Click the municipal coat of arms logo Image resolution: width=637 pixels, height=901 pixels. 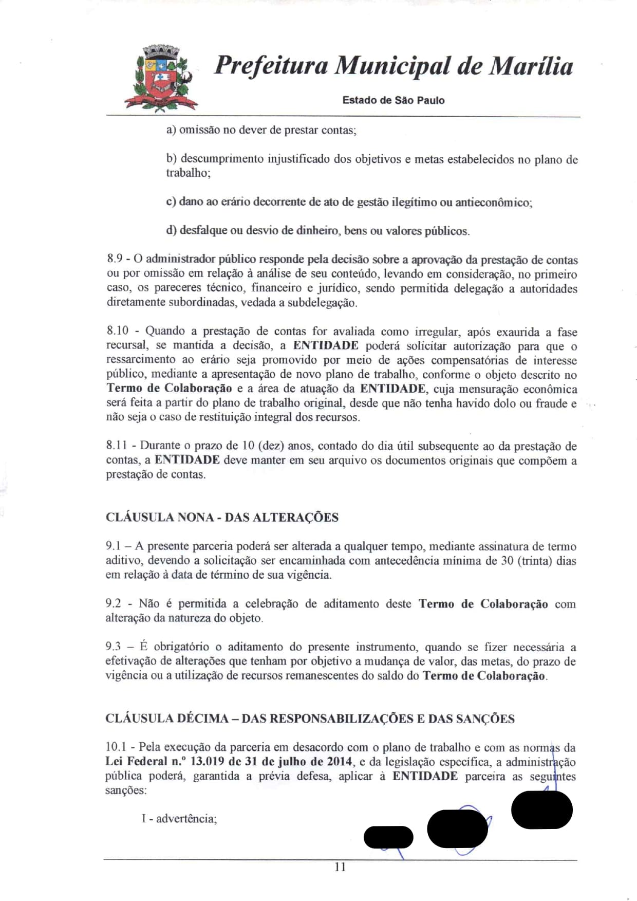tap(160, 78)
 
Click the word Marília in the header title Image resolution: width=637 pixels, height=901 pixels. tap(530, 66)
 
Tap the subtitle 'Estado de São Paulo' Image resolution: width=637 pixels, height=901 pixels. tap(393, 100)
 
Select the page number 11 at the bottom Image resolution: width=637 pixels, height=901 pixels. tap(340, 867)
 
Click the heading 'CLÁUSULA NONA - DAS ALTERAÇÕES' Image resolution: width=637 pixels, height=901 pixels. tap(222, 517)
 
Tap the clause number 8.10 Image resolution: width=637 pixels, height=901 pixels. tap(117, 332)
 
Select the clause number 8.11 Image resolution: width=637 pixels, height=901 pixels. tap(116, 446)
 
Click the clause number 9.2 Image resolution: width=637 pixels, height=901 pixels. tap(113, 604)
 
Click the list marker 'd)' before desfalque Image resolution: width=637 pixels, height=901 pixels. tap(171, 230)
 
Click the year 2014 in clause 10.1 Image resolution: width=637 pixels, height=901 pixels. tap(339, 762)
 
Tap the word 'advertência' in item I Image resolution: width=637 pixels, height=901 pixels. tap(186, 819)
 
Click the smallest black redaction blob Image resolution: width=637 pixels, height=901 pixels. tap(388, 837)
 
